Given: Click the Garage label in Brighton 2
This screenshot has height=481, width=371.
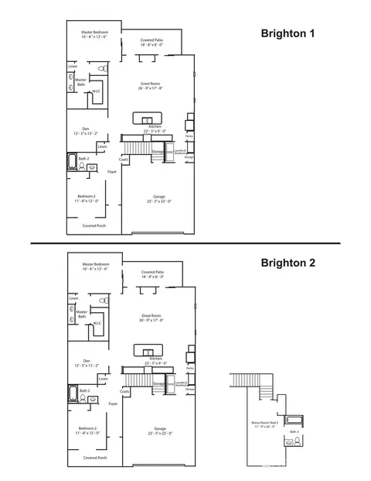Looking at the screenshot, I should (x=160, y=428).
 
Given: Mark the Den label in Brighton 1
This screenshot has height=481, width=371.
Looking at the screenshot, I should (x=85, y=131).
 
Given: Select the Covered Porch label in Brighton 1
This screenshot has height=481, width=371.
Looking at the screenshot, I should (x=94, y=225).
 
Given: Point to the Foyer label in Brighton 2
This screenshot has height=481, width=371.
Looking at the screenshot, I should (x=113, y=404).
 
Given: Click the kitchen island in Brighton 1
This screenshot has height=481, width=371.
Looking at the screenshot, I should (x=144, y=117).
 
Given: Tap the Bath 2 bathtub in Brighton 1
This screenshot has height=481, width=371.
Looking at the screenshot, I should (x=72, y=163).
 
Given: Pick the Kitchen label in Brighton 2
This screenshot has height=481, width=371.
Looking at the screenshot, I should (x=155, y=360).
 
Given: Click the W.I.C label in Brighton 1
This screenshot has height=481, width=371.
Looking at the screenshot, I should (x=96, y=92).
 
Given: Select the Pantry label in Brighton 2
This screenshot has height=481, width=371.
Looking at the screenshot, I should (x=189, y=369).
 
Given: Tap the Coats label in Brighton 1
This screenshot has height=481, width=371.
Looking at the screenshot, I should (x=124, y=160).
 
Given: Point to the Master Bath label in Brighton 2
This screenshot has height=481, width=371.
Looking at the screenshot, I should (x=81, y=313).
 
